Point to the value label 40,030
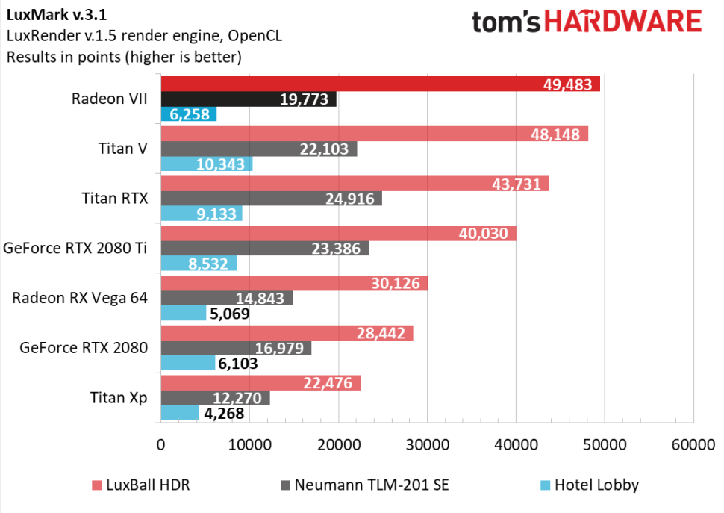pyautogui.click(x=485, y=234)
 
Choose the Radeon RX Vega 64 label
pyautogui.click(x=80, y=298)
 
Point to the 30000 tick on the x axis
pyautogui.click(x=426, y=445)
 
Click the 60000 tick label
pyautogui.click(x=692, y=445)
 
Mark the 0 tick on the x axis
pyautogui.click(x=161, y=445)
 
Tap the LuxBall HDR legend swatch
pyautogui.click(x=96, y=485)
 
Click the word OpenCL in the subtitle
pyautogui.click(x=255, y=36)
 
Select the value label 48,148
pyautogui.click(x=558, y=134)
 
